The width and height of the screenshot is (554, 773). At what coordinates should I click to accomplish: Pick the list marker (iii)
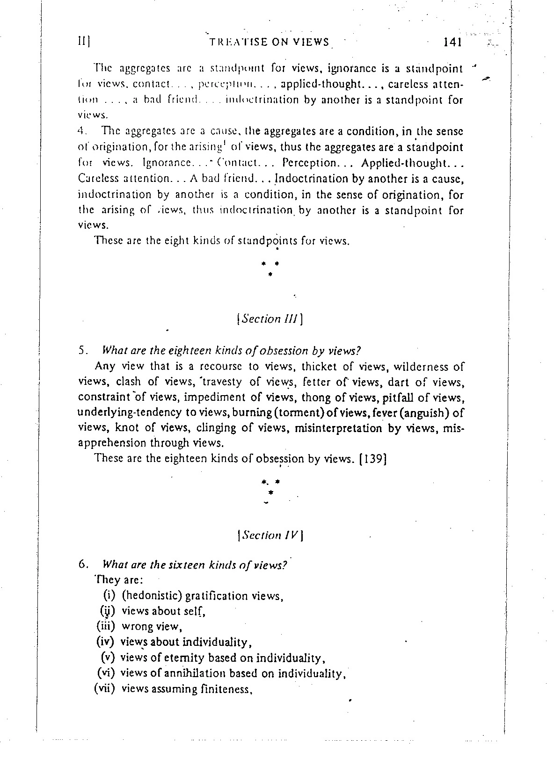click(105, 626)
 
